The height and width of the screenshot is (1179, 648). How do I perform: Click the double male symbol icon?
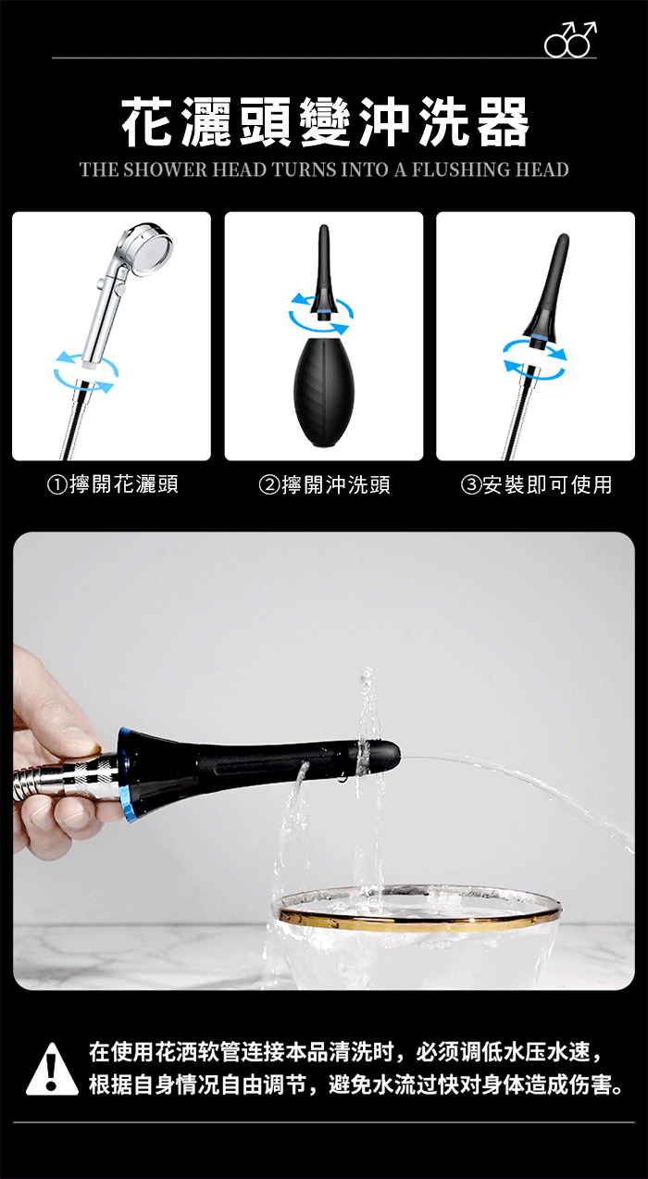pos(570,39)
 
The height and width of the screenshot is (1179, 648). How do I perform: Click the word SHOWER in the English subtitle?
pos(166,169)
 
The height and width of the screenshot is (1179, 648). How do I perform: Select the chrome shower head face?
pos(149,248)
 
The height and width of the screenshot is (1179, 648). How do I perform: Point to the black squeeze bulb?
pos(323,392)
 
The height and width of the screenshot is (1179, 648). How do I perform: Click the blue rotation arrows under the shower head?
pos(85,371)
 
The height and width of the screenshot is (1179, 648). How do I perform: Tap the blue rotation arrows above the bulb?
pos(321,314)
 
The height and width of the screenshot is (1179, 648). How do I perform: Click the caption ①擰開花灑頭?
pos(113,484)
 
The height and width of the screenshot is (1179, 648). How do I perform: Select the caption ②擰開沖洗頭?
pos(324,484)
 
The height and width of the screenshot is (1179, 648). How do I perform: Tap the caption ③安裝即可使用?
pos(537,484)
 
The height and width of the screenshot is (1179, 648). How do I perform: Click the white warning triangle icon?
pos(52,1069)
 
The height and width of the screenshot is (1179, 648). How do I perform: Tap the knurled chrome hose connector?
pos(90,777)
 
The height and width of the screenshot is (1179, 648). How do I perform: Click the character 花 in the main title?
pos(147,121)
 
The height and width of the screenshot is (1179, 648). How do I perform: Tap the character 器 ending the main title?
pos(503,121)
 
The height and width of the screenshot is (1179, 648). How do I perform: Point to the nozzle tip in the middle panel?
pos(324,229)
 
